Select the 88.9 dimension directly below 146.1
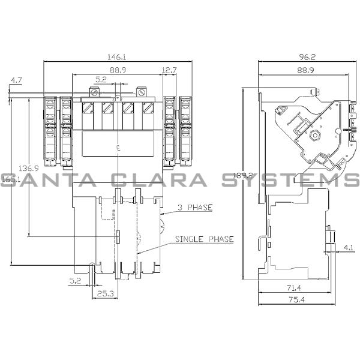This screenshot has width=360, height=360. pos(118,70)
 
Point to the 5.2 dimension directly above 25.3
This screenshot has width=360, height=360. pos(74,280)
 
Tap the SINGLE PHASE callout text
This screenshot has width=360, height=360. pos(204,239)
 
